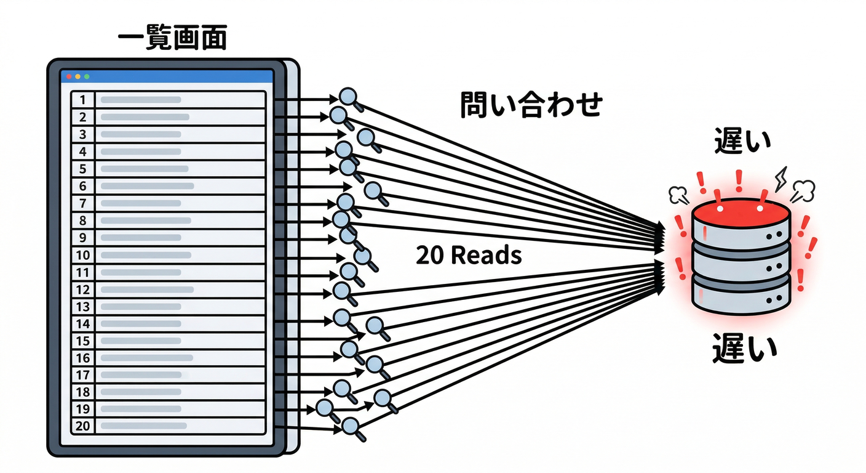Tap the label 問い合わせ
pos(530,105)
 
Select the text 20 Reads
pos(469,254)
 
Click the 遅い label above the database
pos(742,142)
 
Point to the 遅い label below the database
pos(744,349)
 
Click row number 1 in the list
pos(83,100)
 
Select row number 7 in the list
pos(83,203)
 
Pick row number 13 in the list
pos(83,307)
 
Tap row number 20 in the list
pos(83,426)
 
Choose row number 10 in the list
pos(83,255)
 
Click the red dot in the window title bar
pos(69,76)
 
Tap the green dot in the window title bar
pos(87,76)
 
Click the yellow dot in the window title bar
pos(77,76)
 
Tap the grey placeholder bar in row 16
pos(146,358)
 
